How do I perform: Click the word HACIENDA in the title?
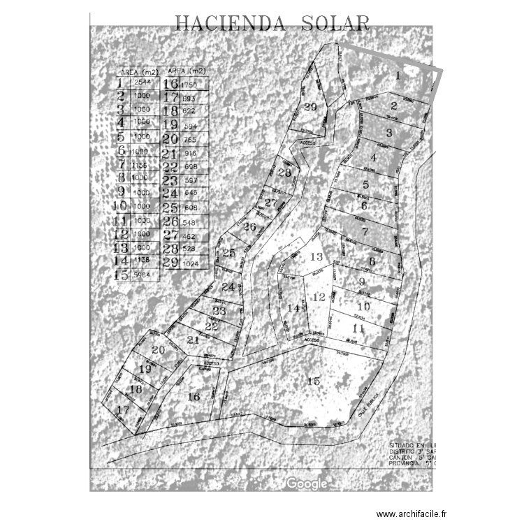[x=230, y=24]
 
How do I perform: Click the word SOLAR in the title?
[x=335, y=24]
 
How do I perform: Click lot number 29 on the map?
[x=311, y=107]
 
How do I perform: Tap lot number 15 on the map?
[x=314, y=381]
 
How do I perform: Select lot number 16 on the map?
[x=194, y=396]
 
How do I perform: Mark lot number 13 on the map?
[x=316, y=257]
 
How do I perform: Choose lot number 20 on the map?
[x=158, y=349]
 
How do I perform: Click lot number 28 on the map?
[x=284, y=173]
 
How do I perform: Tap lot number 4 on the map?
[x=374, y=158]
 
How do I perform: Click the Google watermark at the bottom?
[x=306, y=483]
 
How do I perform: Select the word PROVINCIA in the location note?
[x=403, y=463]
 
